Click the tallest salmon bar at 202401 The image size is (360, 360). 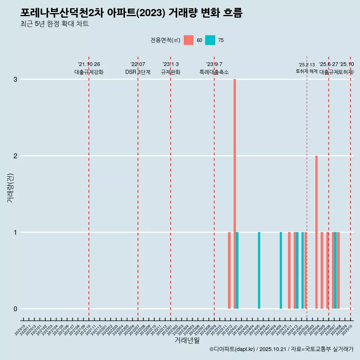click(x=235, y=194)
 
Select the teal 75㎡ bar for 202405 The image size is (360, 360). click(x=259, y=270)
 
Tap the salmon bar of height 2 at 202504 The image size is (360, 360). click(x=316, y=232)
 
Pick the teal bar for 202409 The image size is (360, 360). click(x=281, y=270)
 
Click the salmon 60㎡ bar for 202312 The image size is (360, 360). click(x=229, y=270)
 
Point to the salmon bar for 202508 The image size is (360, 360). click(x=338, y=270)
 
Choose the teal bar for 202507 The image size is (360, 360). click(x=335, y=270)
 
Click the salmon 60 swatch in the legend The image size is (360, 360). click(x=189, y=40)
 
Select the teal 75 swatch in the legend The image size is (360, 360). click(x=210, y=40)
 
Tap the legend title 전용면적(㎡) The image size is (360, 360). click(x=165, y=40)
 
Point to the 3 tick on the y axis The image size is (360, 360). click(x=15, y=79)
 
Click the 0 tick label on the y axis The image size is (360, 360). click(x=15, y=309)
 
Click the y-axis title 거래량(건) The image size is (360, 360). click(x=10, y=188)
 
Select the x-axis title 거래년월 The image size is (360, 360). click(x=187, y=340)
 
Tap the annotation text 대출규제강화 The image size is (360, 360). click(x=89, y=72)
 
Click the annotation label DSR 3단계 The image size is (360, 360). click(x=138, y=72)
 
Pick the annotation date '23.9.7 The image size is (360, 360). click(x=214, y=64)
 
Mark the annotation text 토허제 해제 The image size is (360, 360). click(x=307, y=71)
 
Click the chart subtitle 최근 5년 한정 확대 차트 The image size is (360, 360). click(x=54, y=24)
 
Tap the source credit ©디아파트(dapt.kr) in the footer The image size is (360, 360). click(x=232, y=349)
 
